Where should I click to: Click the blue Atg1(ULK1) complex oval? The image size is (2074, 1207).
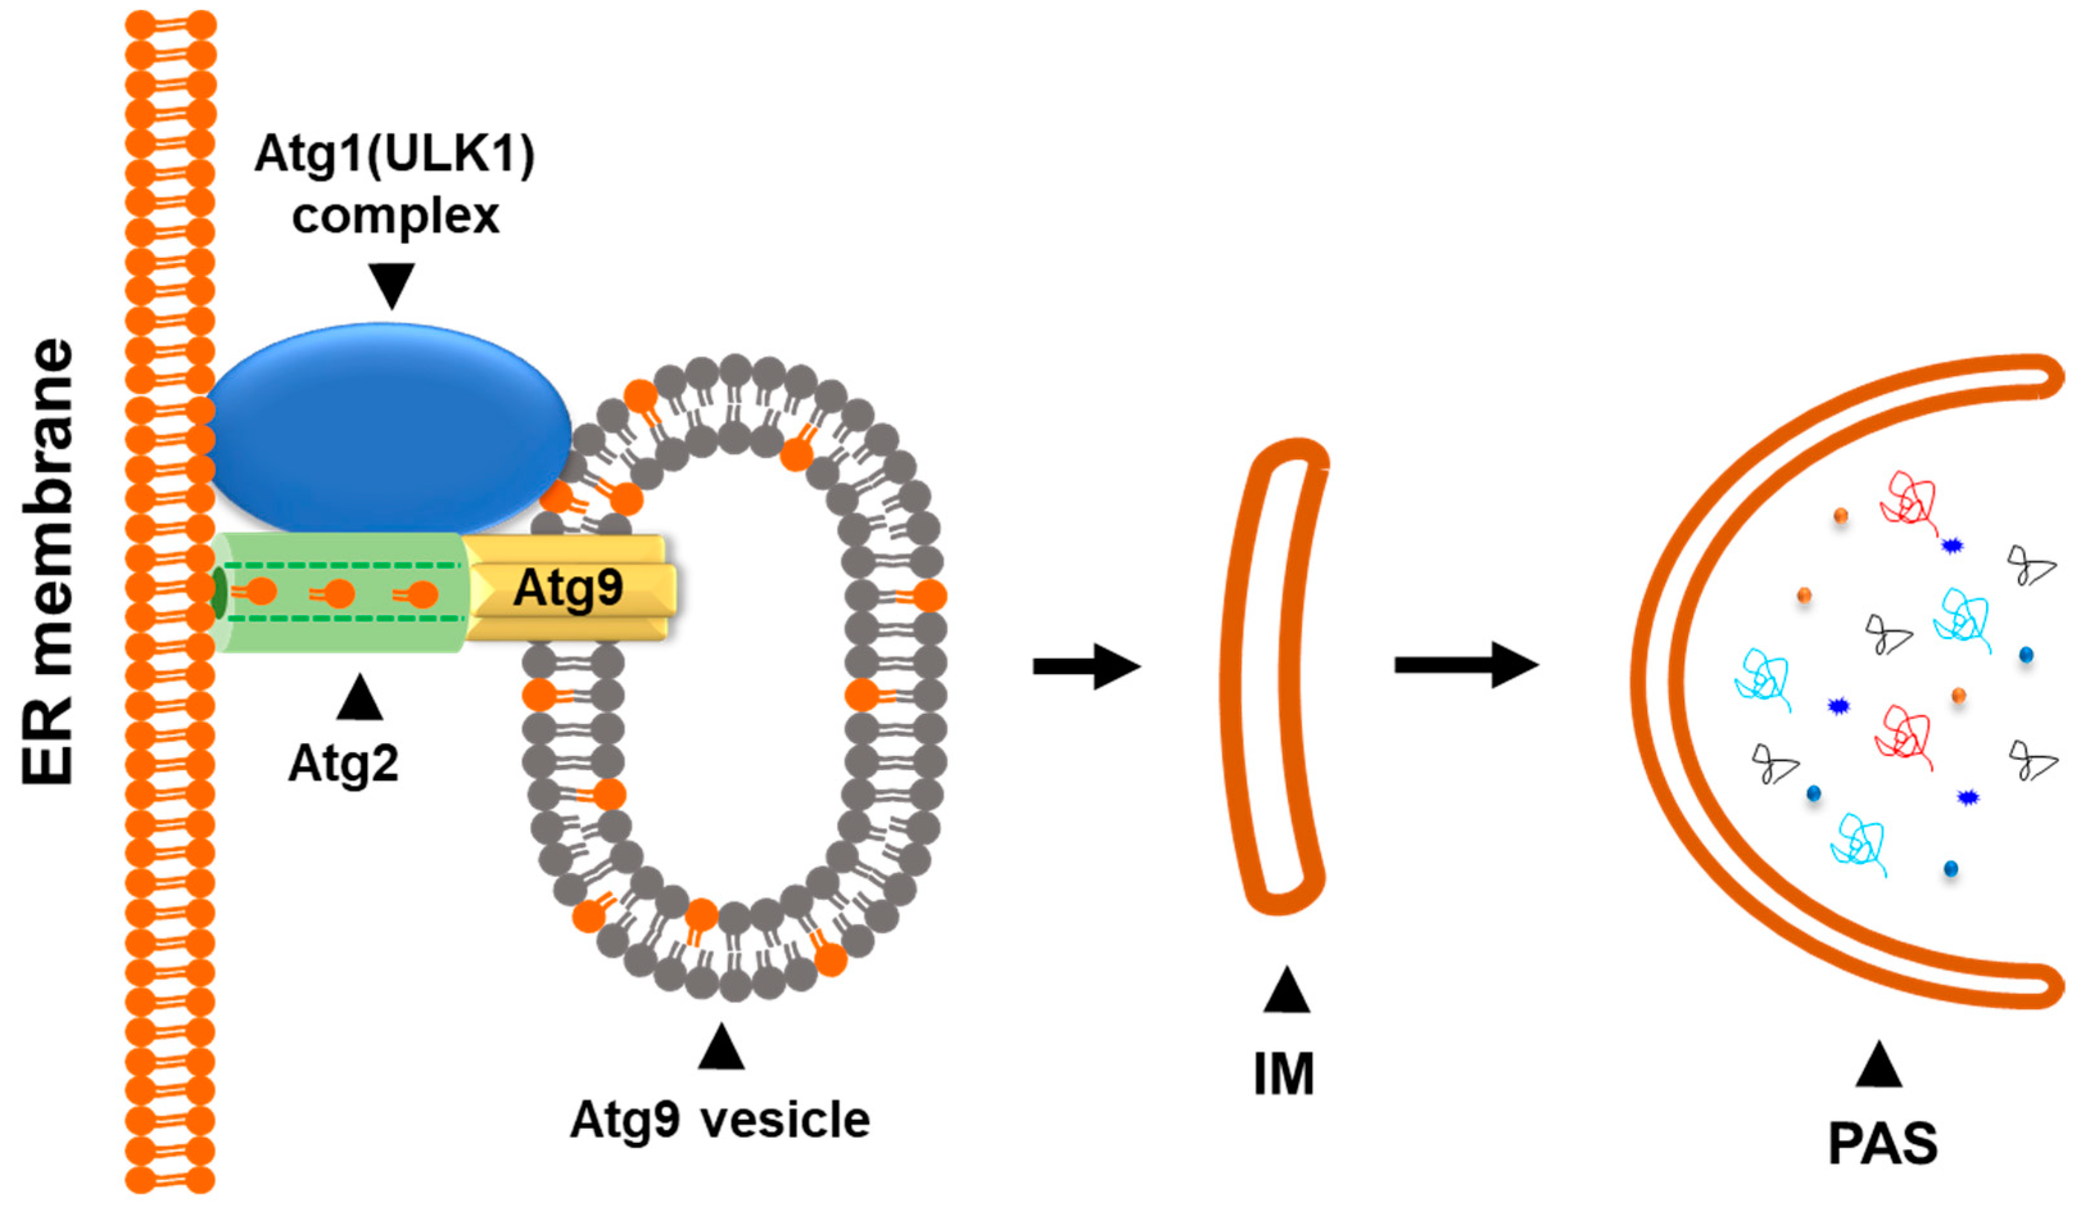(x=387, y=428)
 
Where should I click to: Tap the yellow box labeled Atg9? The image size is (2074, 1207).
(x=568, y=588)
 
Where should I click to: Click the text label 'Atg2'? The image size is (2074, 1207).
(x=343, y=764)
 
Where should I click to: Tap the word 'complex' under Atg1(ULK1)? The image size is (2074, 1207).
(x=395, y=215)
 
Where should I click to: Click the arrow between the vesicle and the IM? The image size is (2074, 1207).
(x=1086, y=666)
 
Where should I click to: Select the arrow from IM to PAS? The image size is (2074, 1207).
(x=1465, y=665)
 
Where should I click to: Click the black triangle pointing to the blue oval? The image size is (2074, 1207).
(x=391, y=284)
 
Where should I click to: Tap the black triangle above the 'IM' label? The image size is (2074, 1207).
(x=1285, y=992)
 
